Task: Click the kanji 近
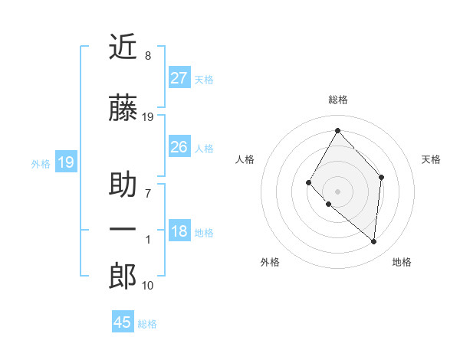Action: click(x=123, y=47)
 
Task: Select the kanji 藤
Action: click(x=123, y=108)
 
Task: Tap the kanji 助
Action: click(x=123, y=185)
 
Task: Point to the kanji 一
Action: click(x=123, y=229)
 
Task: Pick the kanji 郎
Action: click(x=123, y=277)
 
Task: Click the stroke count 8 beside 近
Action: click(x=147, y=56)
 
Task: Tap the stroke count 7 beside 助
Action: click(x=147, y=193)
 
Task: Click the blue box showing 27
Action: click(x=179, y=78)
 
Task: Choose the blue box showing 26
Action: click(x=179, y=147)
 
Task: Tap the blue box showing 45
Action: click(x=123, y=322)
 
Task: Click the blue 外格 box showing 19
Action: click(x=65, y=162)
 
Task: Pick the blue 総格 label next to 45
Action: click(x=147, y=324)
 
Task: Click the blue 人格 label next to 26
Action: click(x=204, y=149)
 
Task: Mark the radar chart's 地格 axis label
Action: click(x=402, y=262)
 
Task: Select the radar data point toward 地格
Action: click(x=373, y=241)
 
